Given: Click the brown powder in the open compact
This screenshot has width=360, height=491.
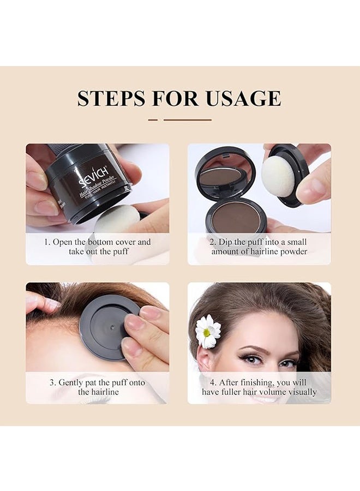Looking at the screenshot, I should coord(236,217).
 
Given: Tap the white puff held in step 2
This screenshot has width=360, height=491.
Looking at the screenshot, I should coord(278,176).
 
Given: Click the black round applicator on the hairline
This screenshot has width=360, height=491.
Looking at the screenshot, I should coord(109,327).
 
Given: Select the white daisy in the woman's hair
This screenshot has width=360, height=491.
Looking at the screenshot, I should coord(208,331).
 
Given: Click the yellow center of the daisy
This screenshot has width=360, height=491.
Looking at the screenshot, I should coord(207,332).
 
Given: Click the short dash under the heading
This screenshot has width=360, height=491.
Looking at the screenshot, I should coord(153,119).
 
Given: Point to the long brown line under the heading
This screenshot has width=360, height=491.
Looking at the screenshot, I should coord(187,119).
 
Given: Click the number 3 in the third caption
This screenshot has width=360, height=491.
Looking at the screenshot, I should coord(52,382).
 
